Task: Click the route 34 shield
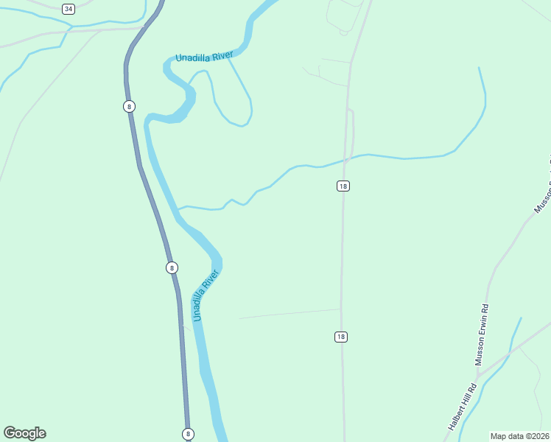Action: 69,9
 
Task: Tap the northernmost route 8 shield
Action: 130,106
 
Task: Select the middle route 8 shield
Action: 172,267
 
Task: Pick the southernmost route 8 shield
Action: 188,434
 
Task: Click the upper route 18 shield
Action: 343,186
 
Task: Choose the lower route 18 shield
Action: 340,337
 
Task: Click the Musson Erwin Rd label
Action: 483,331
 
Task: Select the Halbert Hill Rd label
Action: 461,407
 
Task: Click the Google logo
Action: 24,433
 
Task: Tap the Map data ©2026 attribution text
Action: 519,436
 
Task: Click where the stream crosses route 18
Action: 345,159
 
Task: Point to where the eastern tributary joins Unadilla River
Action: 178,209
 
